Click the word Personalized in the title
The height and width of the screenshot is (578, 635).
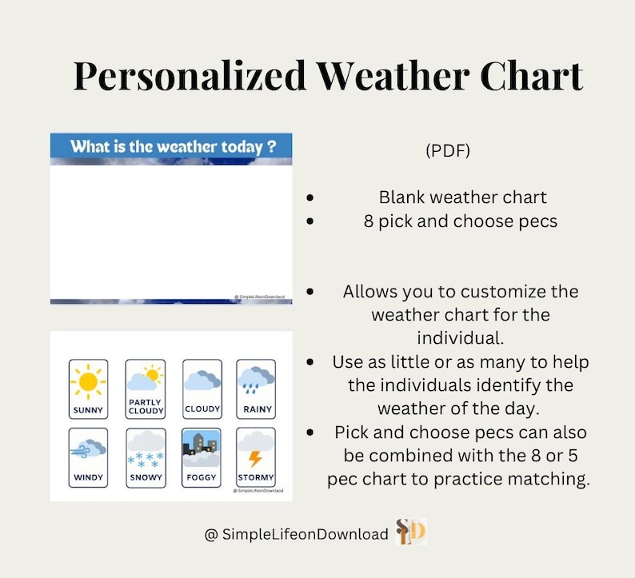pyautogui.click(x=190, y=77)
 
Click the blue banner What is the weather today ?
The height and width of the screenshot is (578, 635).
pyautogui.click(x=171, y=147)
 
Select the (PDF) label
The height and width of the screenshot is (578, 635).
pyautogui.click(x=449, y=150)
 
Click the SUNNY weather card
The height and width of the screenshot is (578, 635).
pyautogui.click(x=88, y=389)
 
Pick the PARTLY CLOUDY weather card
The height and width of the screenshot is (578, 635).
pyautogui.click(x=146, y=389)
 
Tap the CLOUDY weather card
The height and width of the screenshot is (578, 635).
pyautogui.click(x=202, y=389)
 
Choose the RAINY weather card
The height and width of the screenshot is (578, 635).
pyautogui.click(x=256, y=389)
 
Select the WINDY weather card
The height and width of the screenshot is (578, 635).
pyautogui.click(x=88, y=456)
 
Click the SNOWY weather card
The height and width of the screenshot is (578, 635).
pyautogui.click(x=146, y=456)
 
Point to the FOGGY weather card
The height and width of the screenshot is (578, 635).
pyautogui.click(x=202, y=456)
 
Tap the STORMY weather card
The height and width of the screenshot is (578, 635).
pyautogui.click(x=256, y=456)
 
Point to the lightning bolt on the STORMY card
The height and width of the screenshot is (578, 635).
pyautogui.click(x=255, y=459)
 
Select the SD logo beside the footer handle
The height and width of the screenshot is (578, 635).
pyautogui.click(x=412, y=532)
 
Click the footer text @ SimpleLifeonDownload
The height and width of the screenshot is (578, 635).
pyautogui.click(x=297, y=534)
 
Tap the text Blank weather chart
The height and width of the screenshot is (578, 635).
pyautogui.click(x=462, y=197)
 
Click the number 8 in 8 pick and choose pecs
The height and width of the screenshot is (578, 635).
pyautogui.click(x=368, y=221)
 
